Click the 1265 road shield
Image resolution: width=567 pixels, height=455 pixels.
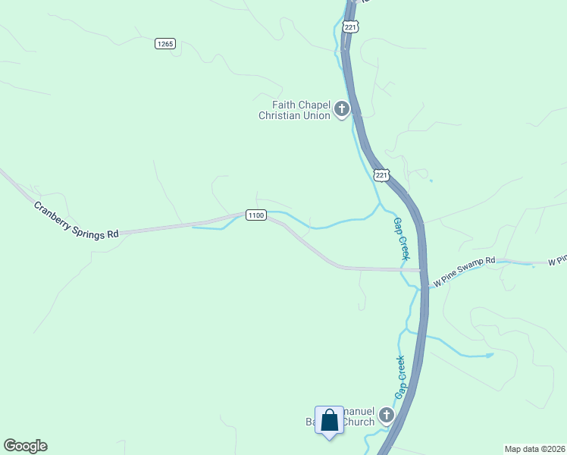[x=165, y=44]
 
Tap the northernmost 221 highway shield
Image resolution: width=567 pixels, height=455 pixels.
[x=350, y=27]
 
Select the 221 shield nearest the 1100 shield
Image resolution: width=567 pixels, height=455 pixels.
[x=382, y=175]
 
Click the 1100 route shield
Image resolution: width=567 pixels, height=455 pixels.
[x=255, y=215]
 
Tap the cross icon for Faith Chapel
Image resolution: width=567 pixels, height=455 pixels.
[x=341, y=109]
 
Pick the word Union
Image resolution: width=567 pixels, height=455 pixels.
[x=317, y=116]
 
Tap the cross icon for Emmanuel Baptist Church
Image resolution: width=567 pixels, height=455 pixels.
[x=387, y=415]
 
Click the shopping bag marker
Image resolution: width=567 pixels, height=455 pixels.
[x=329, y=421]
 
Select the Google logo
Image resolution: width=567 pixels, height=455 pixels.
[x=25, y=446]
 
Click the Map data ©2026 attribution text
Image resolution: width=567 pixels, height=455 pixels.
[x=534, y=448]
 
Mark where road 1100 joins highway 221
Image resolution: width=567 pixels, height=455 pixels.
[x=421, y=269]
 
